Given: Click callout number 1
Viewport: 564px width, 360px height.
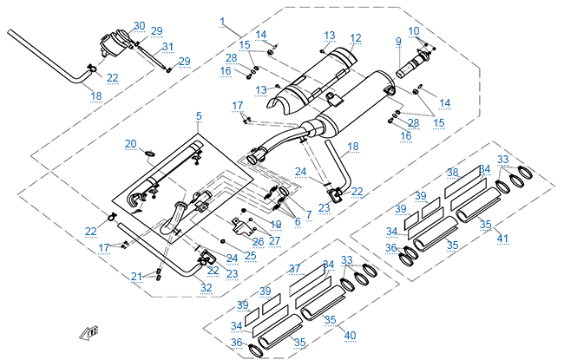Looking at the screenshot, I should [x=223, y=21].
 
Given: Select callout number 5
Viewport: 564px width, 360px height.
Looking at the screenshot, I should [x=199, y=115].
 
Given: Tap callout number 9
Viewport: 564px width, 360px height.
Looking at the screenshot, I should [x=398, y=41].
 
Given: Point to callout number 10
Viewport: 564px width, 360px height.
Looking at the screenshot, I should [x=414, y=31].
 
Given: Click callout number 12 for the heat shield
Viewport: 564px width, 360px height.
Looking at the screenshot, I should [x=355, y=38].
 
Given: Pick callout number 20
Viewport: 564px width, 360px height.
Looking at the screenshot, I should [x=131, y=143].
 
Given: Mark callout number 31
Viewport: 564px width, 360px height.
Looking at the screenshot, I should [x=167, y=47].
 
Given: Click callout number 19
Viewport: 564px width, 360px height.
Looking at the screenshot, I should [x=276, y=224].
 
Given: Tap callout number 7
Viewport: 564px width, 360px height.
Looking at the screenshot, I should [x=308, y=213].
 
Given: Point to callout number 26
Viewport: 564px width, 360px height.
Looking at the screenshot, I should [x=258, y=241].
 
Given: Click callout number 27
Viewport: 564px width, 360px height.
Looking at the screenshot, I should [x=275, y=241].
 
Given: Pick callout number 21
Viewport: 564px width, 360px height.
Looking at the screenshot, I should [x=136, y=277].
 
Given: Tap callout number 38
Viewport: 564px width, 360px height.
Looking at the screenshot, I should [x=452, y=172].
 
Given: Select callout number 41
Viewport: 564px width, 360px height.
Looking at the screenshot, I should [x=502, y=237].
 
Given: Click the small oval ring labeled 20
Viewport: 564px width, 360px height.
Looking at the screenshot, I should [x=149, y=155].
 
